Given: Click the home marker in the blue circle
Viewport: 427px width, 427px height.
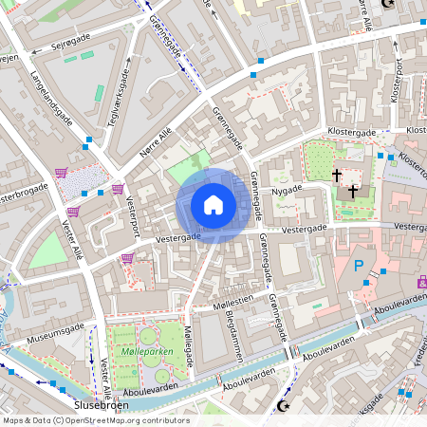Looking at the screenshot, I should tap(213, 205).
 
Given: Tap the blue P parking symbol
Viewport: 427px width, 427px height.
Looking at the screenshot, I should tap(359, 267).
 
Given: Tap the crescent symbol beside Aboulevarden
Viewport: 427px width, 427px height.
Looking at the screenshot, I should tap(281, 406).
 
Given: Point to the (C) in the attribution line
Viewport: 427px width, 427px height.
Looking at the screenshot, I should tap(59, 420).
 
